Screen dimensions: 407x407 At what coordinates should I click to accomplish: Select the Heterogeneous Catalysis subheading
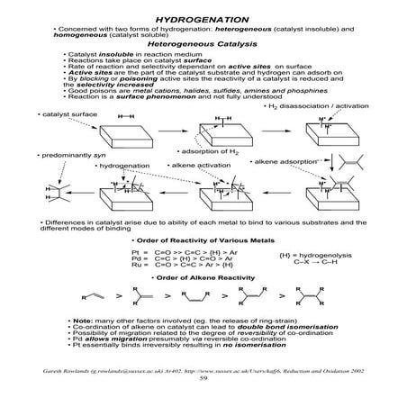(x=203, y=45)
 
